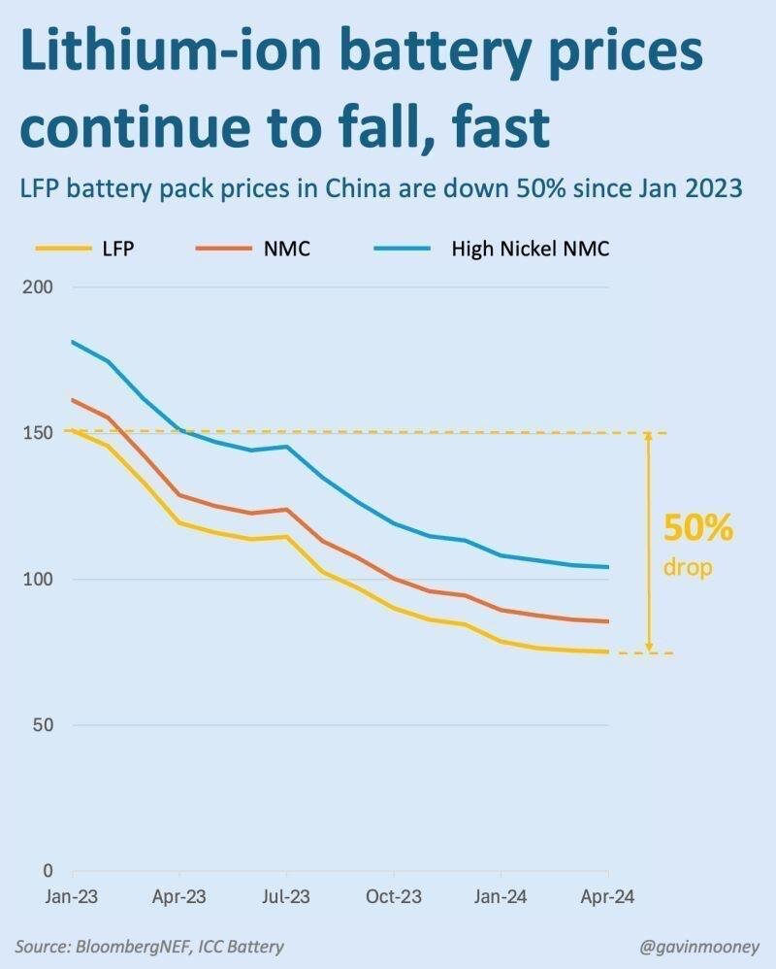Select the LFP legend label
(115, 249)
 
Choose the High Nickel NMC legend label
(530, 249)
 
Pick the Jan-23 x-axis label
(74, 897)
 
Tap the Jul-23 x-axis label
(287, 897)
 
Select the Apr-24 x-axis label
(608, 897)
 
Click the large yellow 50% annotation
(697, 530)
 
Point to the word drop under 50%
(688, 567)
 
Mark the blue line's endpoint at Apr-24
(608, 567)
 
